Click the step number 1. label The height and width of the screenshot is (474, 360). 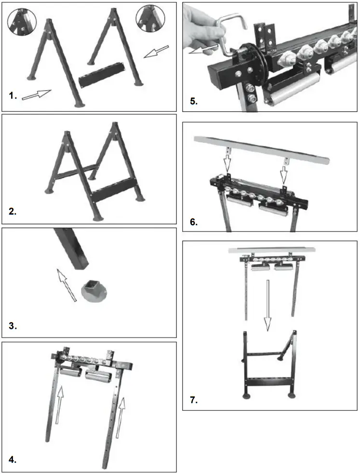13,95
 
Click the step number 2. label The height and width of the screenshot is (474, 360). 13,211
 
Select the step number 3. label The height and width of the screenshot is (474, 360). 13,326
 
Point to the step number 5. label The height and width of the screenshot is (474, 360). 193,102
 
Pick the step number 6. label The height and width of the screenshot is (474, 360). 193,222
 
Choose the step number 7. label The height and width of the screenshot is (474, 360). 193,400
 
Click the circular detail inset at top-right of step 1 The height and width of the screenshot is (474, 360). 150,19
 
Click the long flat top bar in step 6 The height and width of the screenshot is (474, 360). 261,149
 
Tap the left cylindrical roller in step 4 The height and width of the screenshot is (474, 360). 69,376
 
